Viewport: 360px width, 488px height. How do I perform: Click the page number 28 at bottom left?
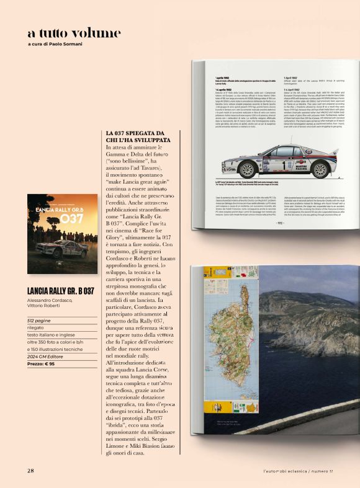pyautogui.click(x=30, y=469)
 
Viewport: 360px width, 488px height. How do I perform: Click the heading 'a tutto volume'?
pyautogui.click(x=74, y=33)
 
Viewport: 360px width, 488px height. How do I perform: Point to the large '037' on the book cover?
pyautogui.click(x=71, y=218)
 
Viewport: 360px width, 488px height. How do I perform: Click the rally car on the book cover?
pyautogui.click(x=61, y=248)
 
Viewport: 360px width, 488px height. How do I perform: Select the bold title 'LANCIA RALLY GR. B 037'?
pyautogui.click(x=61, y=290)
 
